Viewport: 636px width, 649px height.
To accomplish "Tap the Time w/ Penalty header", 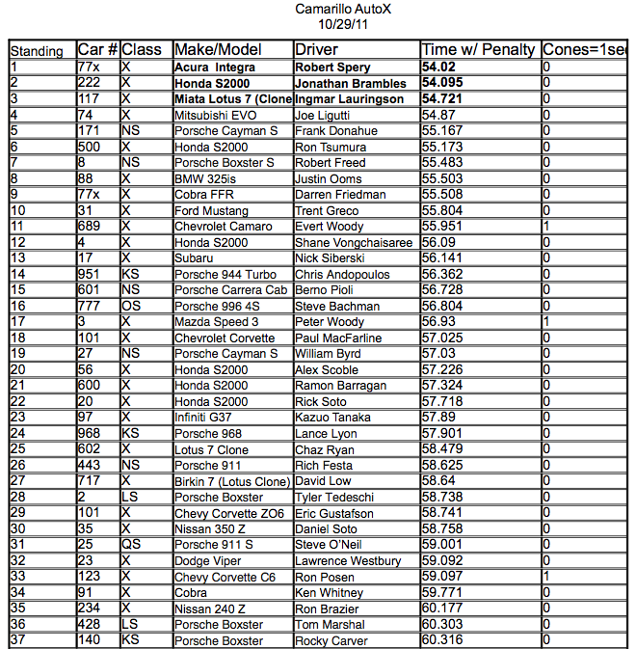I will click(480, 50).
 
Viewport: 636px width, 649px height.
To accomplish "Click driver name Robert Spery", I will click(332, 68).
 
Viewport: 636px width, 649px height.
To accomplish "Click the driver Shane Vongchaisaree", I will click(353, 242).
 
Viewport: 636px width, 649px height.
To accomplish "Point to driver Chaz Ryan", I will click(326, 449).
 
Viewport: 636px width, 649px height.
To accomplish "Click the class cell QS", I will click(131, 545).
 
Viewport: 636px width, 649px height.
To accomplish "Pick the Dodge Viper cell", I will click(208, 561).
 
